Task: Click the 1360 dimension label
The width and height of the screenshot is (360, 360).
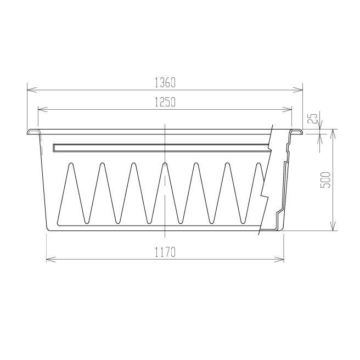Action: point(165,82)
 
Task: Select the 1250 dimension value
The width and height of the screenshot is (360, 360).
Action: point(165,102)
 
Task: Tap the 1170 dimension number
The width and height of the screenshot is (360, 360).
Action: point(165,252)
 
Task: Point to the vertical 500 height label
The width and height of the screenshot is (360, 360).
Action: point(325,180)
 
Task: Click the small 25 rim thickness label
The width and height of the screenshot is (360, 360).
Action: point(313,118)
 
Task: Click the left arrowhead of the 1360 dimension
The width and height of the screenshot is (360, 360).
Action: point(32,90)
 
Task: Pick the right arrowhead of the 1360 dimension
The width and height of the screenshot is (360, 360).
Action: point(297,90)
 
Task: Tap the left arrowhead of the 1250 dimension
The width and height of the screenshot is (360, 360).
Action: point(43,110)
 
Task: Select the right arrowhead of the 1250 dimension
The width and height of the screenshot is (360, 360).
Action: point(287,110)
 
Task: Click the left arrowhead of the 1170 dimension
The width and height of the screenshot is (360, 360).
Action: point(51,260)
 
